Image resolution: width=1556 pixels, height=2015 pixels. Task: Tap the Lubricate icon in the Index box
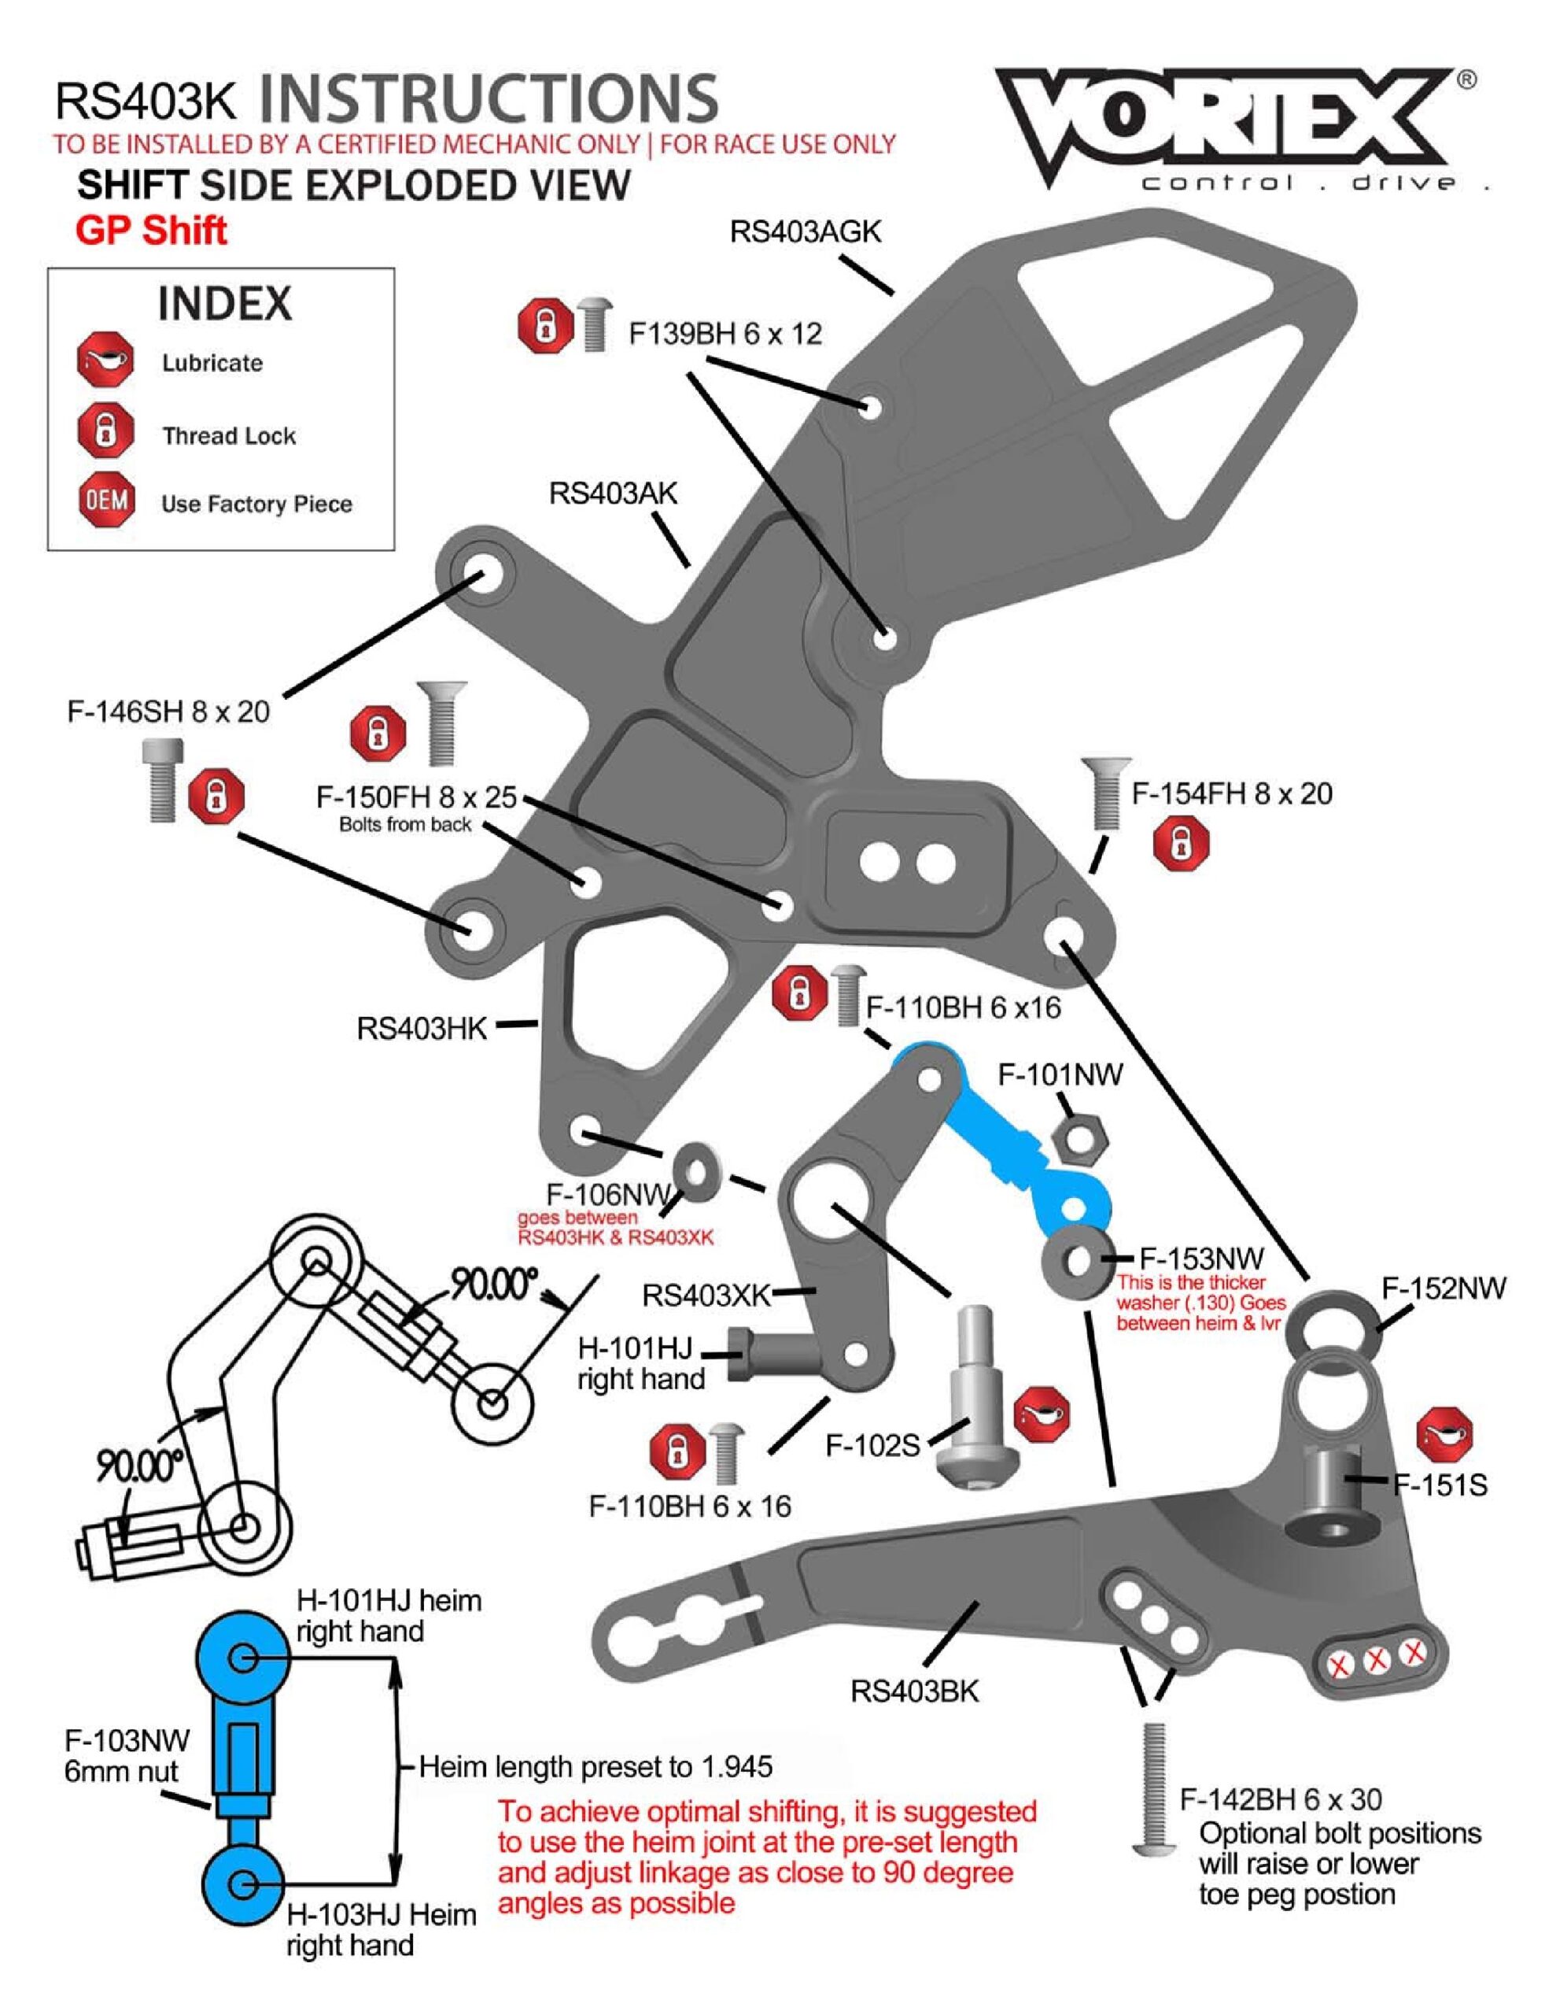105,360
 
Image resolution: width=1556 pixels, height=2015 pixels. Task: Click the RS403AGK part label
806,231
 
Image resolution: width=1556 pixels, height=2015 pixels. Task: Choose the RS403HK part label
422,1028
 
